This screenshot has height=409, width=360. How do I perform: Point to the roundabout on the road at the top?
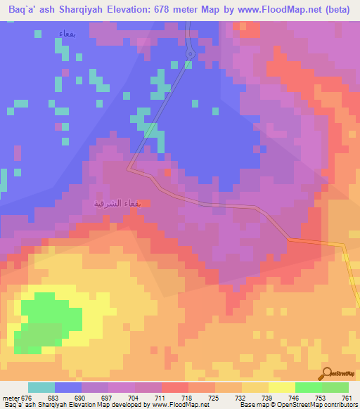click(190, 54)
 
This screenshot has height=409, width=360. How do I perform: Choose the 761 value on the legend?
click(347, 397)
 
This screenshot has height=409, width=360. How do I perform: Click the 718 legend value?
click(188, 397)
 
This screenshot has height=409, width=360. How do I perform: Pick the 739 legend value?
click(268, 397)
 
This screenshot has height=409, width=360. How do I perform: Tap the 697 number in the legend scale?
click(108, 397)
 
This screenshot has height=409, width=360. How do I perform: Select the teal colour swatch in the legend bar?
click(41, 387)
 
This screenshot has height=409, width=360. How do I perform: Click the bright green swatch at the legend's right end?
click(335, 387)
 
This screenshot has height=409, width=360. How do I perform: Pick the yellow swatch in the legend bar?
click(281, 387)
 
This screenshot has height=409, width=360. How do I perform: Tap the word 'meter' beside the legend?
click(12, 397)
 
